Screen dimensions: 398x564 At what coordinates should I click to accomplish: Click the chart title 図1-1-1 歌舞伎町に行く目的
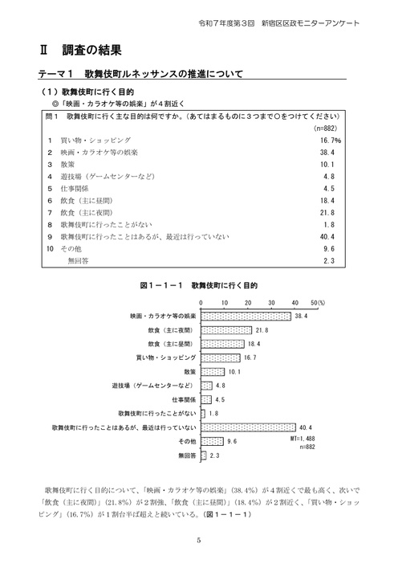[198, 284]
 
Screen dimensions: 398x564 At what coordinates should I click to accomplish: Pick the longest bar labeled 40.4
[247, 427]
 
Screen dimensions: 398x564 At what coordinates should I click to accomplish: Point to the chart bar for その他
[211, 441]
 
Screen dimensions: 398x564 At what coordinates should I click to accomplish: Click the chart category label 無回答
[185, 455]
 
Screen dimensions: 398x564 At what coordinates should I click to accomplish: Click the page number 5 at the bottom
[198, 540]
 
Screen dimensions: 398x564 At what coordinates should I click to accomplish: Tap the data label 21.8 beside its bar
[261, 330]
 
